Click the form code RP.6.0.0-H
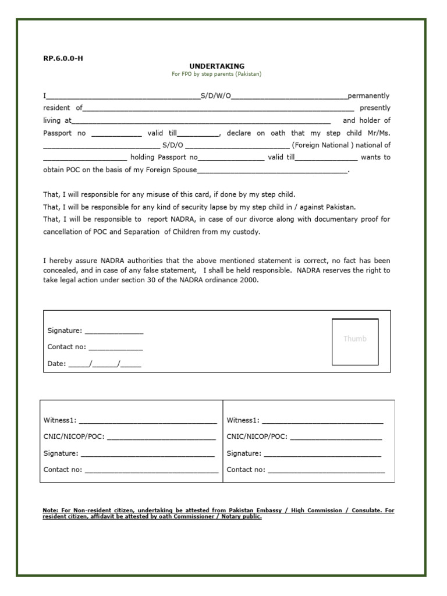click(x=59, y=58)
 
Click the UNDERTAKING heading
click(x=217, y=66)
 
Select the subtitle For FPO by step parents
click(x=217, y=74)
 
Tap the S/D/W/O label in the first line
click(x=216, y=95)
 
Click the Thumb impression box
click(x=355, y=342)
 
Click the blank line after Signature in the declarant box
click(x=114, y=331)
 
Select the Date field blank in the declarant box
click(x=105, y=365)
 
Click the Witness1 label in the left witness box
click(x=60, y=420)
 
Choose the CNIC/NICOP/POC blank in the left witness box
click(x=161, y=437)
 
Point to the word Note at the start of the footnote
click(x=50, y=510)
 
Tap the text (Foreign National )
click(x=322, y=145)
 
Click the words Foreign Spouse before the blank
click(x=175, y=170)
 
